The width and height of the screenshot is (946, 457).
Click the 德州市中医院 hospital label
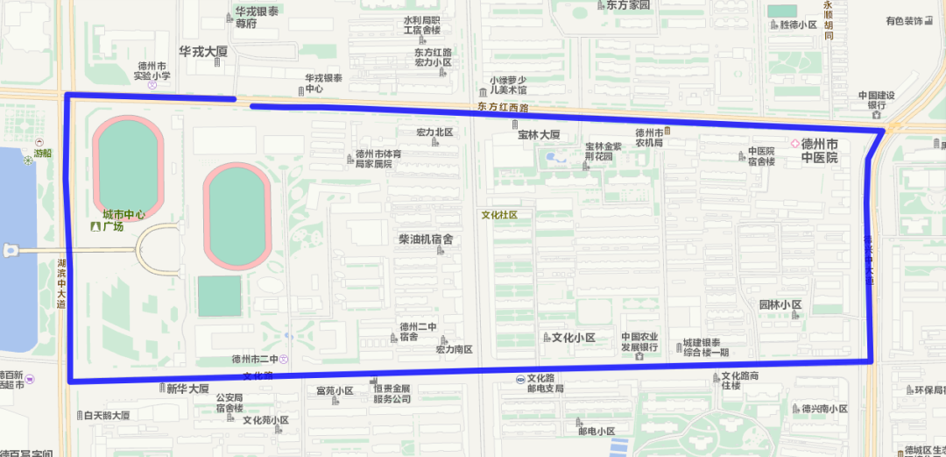tap(819, 151)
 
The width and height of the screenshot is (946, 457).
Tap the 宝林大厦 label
tap(539, 135)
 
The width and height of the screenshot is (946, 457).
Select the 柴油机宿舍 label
tap(426, 239)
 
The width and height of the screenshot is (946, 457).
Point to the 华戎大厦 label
tap(203, 52)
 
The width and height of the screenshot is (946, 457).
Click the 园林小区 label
tap(780, 305)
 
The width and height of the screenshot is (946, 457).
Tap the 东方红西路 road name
tap(504, 107)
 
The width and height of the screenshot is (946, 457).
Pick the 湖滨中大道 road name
tap(61, 283)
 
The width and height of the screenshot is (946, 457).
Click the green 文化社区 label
tap(499, 214)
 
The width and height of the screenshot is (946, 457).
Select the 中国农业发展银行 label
tap(639, 342)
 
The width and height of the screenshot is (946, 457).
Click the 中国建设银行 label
tap(876, 101)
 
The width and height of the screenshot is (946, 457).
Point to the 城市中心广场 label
tap(123, 220)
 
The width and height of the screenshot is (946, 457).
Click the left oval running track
tap(128, 166)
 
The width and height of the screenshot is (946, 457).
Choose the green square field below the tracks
tap(219, 296)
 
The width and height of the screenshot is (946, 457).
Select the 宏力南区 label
tap(454, 349)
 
